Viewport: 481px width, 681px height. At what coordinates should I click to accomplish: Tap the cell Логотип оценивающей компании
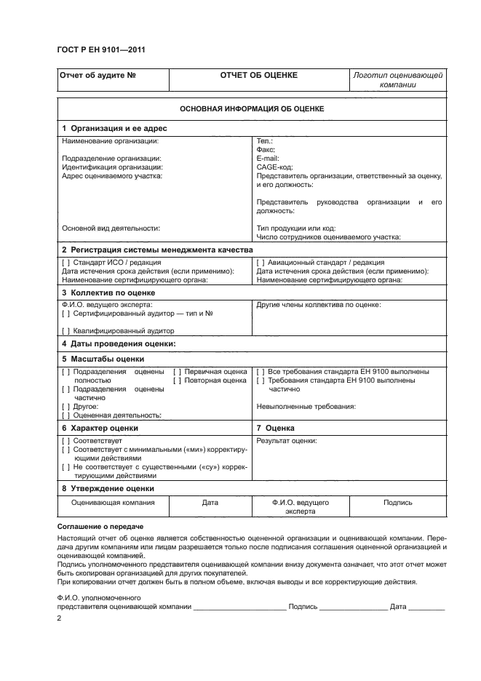point(397,79)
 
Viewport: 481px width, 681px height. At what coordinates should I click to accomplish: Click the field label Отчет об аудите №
point(97,75)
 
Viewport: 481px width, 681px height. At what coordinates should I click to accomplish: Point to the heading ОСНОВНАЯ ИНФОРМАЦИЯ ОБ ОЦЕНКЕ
point(252,108)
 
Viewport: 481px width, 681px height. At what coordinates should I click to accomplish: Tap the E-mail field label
point(269,158)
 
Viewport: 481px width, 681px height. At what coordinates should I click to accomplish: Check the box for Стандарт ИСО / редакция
point(66,263)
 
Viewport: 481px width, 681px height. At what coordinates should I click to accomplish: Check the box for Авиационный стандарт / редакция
point(261,263)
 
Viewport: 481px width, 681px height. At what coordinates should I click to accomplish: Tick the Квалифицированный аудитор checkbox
point(66,330)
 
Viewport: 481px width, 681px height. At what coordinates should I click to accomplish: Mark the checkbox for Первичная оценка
point(177,372)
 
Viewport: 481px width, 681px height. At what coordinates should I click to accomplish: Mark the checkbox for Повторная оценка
point(177,381)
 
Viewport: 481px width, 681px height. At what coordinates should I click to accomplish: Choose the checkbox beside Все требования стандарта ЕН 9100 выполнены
point(261,372)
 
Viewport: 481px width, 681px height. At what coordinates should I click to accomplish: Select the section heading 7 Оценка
point(276,429)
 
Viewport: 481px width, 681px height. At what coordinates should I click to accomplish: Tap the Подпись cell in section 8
point(397,503)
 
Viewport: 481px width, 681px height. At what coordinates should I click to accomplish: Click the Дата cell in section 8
point(210,503)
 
